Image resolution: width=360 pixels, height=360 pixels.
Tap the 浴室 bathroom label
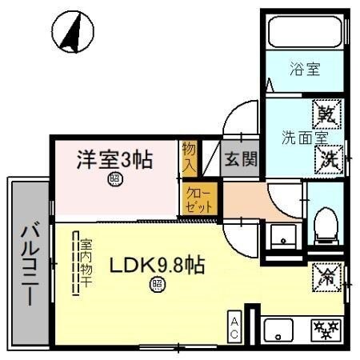click(x=304, y=70)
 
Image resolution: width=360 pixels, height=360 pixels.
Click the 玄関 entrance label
click(x=241, y=158)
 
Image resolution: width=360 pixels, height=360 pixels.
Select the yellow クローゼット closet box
click(x=198, y=198)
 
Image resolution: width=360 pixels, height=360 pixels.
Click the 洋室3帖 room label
click(x=114, y=157)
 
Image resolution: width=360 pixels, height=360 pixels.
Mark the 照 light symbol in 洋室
click(x=114, y=180)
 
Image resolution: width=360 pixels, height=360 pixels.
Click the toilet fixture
click(x=325, y=226)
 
